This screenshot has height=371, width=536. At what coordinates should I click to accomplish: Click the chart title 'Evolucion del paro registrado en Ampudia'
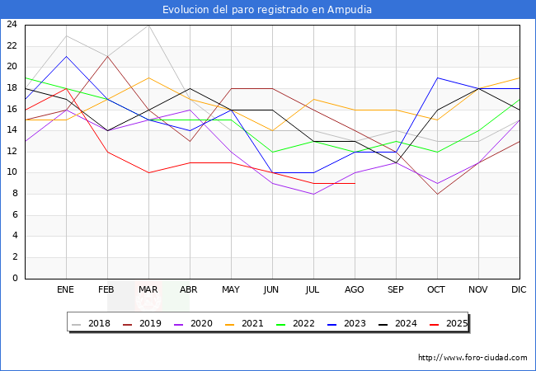267,10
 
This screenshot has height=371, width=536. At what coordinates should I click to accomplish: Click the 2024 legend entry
404,323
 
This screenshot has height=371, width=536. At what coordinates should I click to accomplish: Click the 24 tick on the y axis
12,25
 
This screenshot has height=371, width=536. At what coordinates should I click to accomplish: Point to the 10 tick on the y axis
12,173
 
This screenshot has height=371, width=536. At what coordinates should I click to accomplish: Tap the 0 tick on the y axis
14,279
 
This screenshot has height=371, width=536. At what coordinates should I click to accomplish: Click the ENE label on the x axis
66,290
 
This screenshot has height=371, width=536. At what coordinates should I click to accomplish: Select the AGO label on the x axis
355,290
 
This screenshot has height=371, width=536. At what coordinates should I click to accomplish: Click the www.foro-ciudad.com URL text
473,358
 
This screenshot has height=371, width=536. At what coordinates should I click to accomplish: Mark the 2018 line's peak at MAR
148,25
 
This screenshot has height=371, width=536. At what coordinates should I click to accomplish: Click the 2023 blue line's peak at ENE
66,56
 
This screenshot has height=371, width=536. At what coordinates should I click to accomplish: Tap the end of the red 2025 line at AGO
355,183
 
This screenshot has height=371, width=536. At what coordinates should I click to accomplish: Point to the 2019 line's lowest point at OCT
437,194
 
